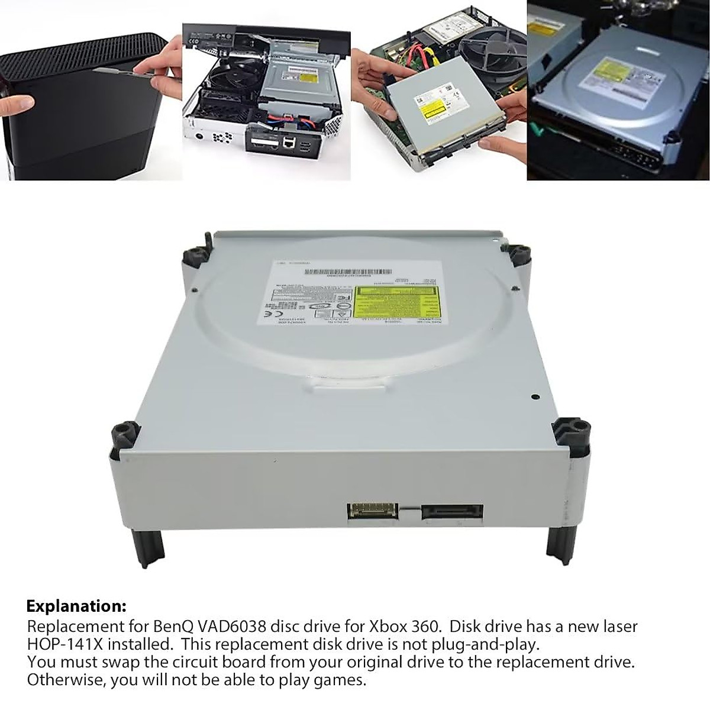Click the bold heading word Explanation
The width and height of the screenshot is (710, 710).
[x=76, y=606]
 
